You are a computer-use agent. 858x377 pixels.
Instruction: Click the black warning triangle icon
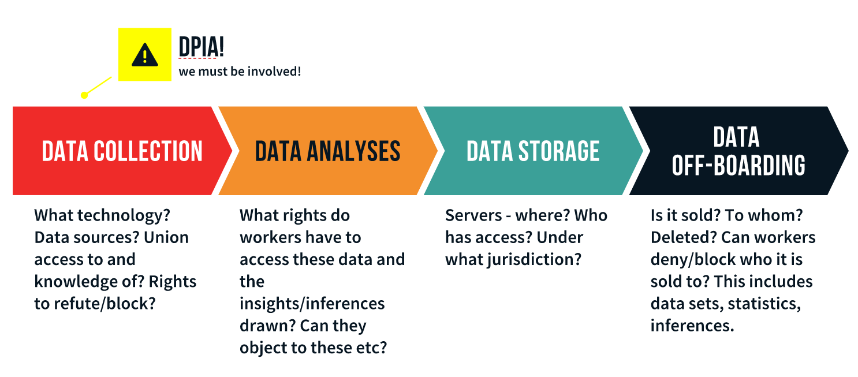tap(145, 55)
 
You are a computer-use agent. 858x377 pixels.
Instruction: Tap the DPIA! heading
tap(202, 47)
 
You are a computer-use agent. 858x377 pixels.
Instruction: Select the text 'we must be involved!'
tap(240, 72)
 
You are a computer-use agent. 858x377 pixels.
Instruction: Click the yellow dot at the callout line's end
tap(84, 95)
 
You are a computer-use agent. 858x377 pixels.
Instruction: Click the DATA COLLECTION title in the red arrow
tap(122, 151)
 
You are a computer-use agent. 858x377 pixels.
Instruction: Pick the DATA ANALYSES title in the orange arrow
tap(328, 151)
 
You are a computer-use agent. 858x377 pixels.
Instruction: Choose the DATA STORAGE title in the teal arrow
tap(533, 151)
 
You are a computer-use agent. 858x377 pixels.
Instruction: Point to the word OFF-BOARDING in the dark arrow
tap(738, 165)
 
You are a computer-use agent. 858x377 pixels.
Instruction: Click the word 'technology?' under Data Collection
tap(124, 216)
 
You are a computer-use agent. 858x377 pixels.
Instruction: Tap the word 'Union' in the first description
tap(166, 237)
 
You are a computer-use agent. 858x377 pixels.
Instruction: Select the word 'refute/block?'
tap(105, 304)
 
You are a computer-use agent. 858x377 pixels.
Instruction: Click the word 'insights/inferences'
tap(312, 304)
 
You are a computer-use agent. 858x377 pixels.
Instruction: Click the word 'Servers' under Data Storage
tap(473, 216)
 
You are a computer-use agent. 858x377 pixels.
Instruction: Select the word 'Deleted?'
tap(684, 237)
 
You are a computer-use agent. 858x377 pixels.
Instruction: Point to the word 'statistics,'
tap(764, 304)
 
